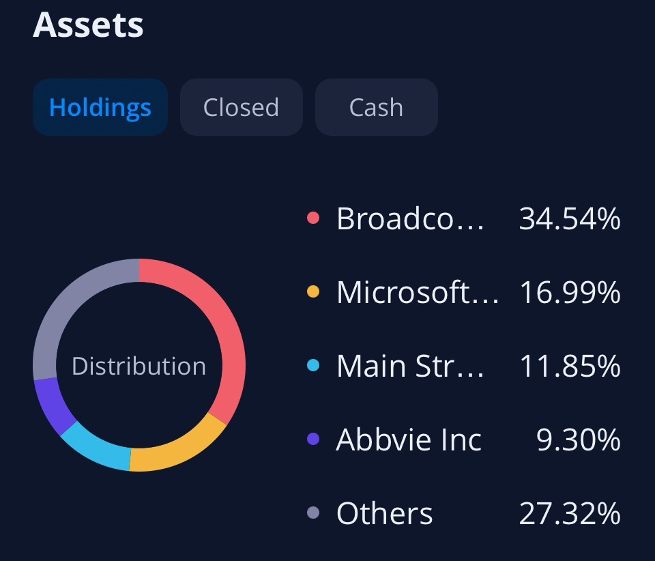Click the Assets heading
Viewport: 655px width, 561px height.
pos(88,25)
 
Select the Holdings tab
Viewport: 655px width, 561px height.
pos(100,107)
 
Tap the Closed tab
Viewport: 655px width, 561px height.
pos(241,107)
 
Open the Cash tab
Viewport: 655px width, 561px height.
pos(376,107)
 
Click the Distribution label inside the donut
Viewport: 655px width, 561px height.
pos(139,366)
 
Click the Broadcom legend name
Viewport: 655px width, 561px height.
pos(410,219)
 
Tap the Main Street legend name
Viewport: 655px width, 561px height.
pos(410,366)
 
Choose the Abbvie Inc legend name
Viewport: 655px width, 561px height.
pos(409,440)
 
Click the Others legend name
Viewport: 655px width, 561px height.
pos(384,514)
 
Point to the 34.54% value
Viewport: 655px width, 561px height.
pos(570,219)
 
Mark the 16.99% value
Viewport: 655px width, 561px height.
pos(570,293)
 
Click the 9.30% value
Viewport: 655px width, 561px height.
pos(579,440)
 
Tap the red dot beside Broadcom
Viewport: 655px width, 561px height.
pos(313,219)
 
